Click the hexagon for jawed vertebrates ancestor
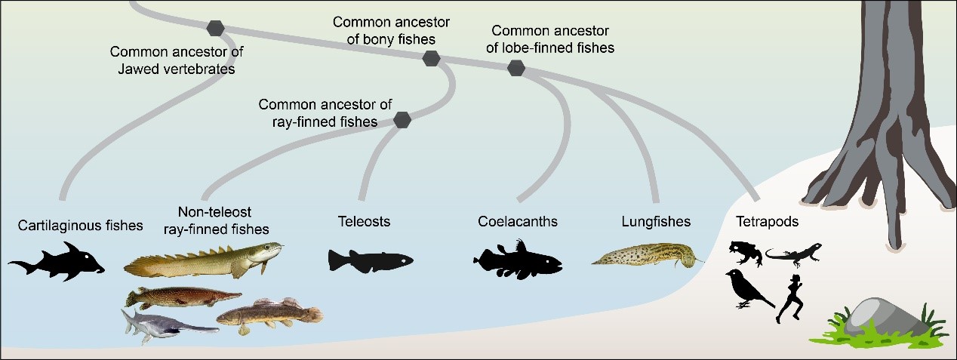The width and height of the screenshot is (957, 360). (216, 29)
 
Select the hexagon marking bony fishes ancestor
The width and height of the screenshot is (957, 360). (431, 58)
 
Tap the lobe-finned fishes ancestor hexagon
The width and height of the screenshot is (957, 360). (516, 69)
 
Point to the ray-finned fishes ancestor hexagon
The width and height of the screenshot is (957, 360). (402, 119)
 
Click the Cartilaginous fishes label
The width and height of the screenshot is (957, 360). (81, 225)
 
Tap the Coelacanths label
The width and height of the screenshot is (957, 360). (518, 222)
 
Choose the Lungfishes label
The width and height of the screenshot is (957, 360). (656, 222)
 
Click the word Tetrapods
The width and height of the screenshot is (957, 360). (767, 222)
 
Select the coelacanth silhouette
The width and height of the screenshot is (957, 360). (519, 260)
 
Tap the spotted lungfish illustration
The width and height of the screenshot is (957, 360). (645, 255)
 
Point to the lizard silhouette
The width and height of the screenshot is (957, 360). (794, 254)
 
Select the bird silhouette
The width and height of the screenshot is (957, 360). (747, 288)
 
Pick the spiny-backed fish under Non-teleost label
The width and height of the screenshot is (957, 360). (202, 260)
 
